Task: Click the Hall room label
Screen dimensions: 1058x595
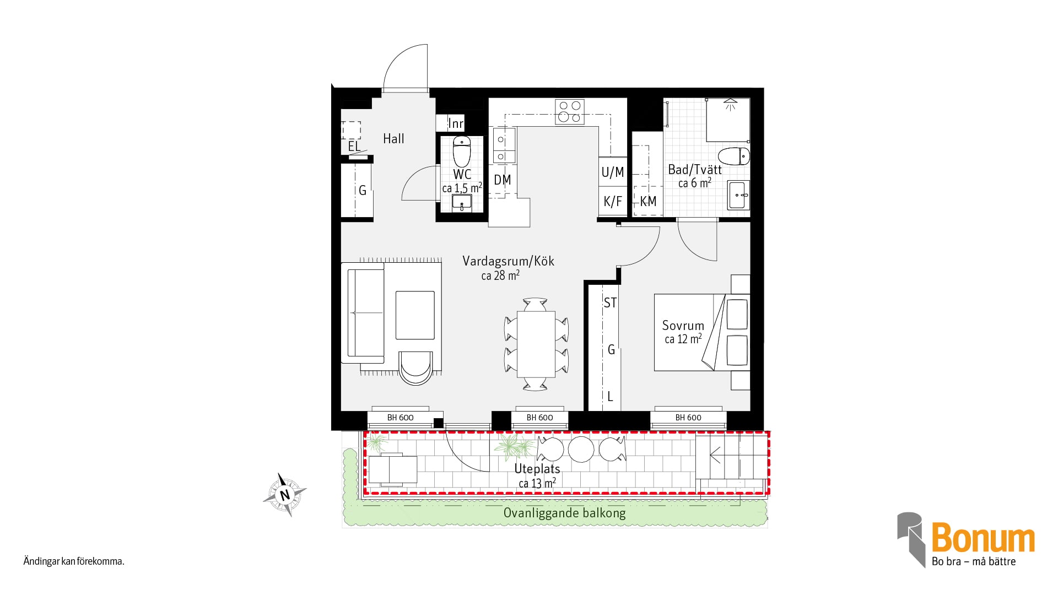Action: click(393, 139)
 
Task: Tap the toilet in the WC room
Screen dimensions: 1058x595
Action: click(462, 151)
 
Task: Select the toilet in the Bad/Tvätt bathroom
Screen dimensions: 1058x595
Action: click(734, 156)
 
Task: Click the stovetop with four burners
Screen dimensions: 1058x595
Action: click(570, 111)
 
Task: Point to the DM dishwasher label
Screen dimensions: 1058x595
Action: click(503, 180)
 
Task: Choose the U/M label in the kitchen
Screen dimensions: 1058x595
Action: click(613, 172)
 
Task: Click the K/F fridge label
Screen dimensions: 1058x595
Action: click(613, 202)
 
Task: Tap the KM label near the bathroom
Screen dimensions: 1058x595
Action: click(648, 202)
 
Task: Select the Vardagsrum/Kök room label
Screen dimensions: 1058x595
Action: click(508, 261)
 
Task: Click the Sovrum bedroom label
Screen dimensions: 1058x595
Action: click(683, 326)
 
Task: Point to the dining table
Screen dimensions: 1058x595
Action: click(536, 344)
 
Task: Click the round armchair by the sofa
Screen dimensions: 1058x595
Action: click(415, 367)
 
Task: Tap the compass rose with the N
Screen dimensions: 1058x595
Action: click(285, 495)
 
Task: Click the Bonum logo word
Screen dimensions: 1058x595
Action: click(983, 538)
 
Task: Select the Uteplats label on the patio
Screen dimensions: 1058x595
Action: click(537, 469)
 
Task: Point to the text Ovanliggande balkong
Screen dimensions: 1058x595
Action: click(565, 513)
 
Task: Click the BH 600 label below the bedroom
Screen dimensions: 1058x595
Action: click(688, 418)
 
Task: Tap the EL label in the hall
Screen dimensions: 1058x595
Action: click(354, 147)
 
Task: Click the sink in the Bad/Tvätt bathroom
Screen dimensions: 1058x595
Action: click(738, 195)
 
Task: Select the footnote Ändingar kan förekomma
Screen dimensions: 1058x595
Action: click(74, 562)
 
